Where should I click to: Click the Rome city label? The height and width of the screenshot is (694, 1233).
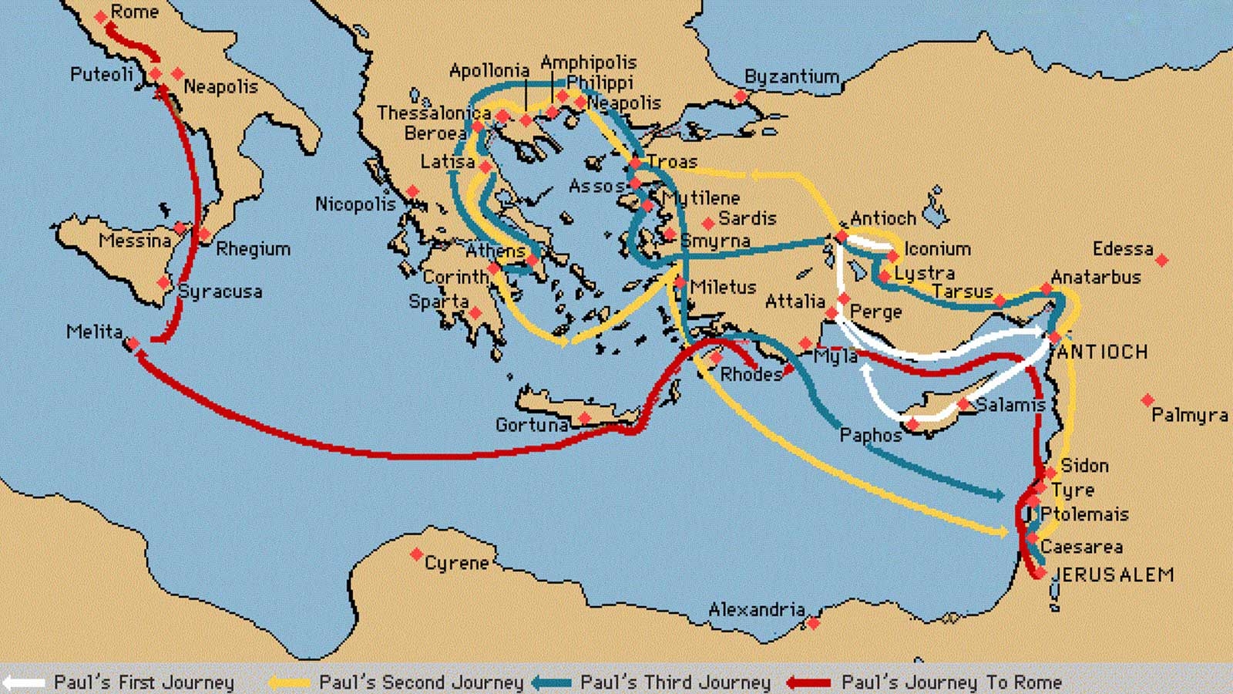134,12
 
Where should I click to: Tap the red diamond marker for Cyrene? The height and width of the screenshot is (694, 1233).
416,554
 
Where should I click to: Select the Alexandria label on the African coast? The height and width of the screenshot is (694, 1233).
757,610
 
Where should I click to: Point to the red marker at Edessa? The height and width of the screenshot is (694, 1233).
1162,261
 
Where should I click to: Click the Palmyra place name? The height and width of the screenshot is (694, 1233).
1189,415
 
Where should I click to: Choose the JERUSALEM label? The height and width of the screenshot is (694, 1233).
1113,574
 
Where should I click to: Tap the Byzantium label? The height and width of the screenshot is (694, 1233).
791,76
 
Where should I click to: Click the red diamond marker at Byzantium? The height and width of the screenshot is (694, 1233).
741,96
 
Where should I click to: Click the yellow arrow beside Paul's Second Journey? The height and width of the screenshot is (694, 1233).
289,682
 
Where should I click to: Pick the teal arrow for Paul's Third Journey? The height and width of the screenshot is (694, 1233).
551,682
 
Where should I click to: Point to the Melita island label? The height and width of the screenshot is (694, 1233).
94,332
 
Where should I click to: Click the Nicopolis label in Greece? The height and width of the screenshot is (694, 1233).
355,204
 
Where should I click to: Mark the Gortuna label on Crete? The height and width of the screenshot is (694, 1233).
532,425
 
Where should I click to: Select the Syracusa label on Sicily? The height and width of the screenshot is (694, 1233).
220,291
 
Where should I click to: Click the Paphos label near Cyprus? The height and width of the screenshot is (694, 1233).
870,435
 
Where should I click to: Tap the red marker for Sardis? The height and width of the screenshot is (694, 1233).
708,224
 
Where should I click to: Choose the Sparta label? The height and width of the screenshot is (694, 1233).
438,302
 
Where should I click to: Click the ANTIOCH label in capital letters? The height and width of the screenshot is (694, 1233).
1102,352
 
